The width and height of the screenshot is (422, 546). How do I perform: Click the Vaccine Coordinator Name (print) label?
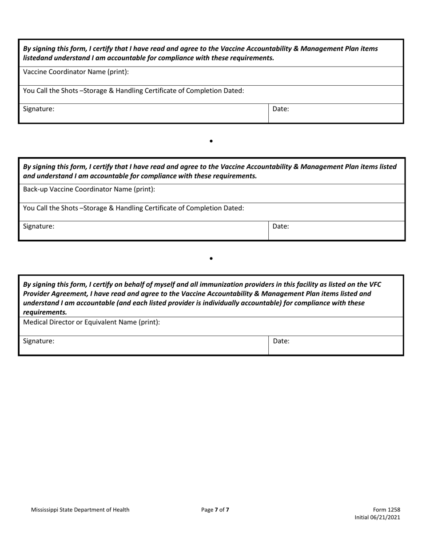(x=76, y=71)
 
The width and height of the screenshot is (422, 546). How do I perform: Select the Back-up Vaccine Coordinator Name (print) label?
(x=89, y=189)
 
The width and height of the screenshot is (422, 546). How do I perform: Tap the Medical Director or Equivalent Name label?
(x=91, y=322)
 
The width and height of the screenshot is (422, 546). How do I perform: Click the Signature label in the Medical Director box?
(x=39, y=341)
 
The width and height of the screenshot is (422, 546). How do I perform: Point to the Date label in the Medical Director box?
(x=281, y=341)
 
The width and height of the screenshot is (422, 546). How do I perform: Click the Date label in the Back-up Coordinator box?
(x=281, y=226)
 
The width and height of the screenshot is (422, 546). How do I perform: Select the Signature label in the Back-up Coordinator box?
(x=39, y=226)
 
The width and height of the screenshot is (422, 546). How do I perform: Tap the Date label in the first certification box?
(x=281, y=108)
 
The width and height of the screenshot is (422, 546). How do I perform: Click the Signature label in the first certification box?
(x=39, y=108)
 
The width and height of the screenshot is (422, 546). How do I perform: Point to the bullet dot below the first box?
(x=211, y=141)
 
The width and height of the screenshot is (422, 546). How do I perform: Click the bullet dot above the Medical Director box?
(x=211, y=258)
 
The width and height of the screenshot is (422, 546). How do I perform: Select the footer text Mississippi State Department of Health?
(x=80, y=510)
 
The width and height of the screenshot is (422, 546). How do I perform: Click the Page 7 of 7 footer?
(x=215, y=510)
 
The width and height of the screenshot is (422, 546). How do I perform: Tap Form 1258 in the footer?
(x=389, y=510)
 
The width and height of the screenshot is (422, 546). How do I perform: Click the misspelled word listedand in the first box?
(x=39, y=58)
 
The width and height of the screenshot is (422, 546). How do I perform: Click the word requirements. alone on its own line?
(x=45, y=312)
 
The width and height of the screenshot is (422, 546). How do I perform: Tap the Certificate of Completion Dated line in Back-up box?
(x=133, y=208)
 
